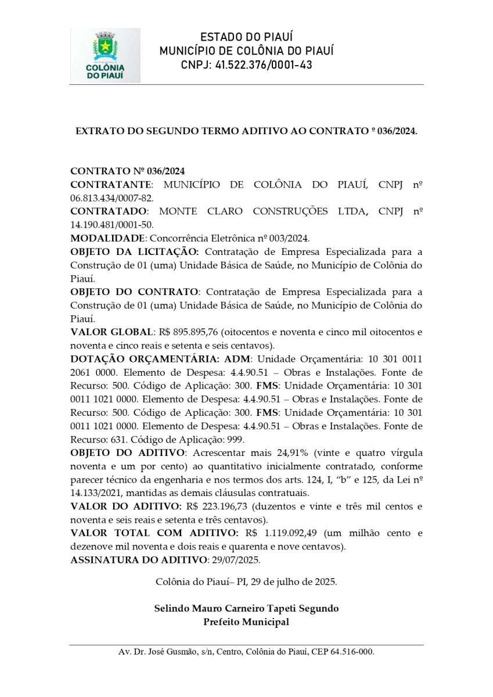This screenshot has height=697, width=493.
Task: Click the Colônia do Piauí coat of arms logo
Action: (x=105, y=55)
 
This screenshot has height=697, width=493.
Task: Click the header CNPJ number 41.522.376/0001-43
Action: (x=263, y=65)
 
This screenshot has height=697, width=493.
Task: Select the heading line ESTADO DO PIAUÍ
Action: (x=246, y=38)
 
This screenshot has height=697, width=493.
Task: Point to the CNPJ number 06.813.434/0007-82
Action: (x=111, y=198)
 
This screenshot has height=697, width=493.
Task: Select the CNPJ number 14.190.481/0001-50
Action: (x=111, y=225)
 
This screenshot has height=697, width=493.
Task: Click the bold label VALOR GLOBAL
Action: (x=111, y=332)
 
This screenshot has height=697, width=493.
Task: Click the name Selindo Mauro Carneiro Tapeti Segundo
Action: (x=246, y=609)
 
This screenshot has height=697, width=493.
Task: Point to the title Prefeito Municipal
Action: (x=246, y=622)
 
